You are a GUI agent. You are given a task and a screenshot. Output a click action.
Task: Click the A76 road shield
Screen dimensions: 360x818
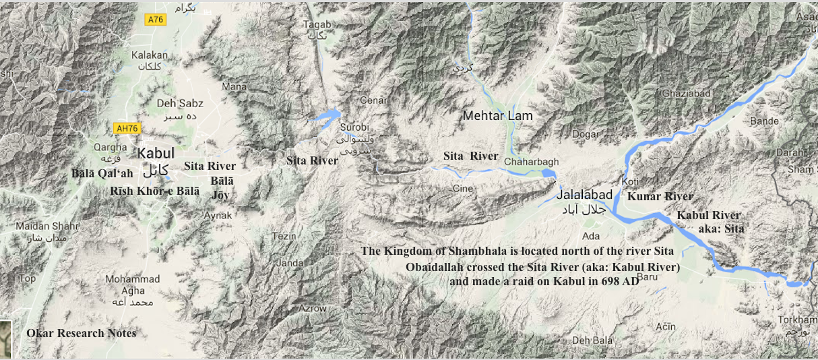tap(156, 20)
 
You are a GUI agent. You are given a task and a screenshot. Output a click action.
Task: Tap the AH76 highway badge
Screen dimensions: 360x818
tap(127, 128)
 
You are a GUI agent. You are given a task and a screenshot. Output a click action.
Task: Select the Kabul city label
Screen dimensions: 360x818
tap(156, 153)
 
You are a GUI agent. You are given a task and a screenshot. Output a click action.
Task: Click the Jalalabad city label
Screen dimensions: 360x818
tap(585, 195)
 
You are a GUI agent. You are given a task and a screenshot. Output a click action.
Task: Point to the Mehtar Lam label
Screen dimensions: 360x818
tap(497, 116)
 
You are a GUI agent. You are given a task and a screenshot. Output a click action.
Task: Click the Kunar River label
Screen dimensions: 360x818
tap(660, 197)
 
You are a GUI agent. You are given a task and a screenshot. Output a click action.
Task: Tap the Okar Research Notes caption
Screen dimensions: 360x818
tap(81, 333)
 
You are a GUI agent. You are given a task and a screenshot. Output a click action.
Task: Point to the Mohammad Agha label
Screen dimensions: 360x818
tap(133, 285)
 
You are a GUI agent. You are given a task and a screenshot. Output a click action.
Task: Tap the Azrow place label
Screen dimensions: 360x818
tap(313, 308)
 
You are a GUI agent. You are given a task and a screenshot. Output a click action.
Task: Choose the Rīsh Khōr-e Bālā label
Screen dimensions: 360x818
tap(155, 191)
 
